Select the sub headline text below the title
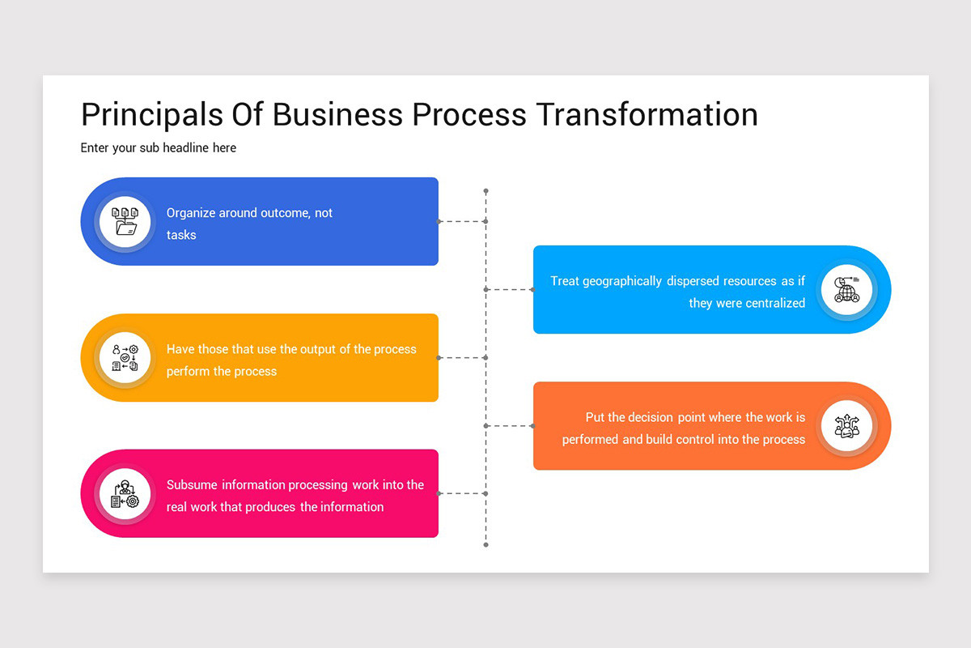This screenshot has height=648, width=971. pos(159,147)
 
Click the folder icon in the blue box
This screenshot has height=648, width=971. pos(125,221)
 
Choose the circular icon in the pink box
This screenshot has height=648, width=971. pos(125,493)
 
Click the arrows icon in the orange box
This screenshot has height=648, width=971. pos(846,426)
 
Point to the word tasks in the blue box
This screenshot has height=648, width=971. pos(181,235)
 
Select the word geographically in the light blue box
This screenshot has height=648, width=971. pos(623,281)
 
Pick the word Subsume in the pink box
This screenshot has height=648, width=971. pos(192,484)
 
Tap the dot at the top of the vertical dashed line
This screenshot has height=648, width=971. pos(485,191)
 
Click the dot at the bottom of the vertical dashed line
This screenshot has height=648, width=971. pos(485,545)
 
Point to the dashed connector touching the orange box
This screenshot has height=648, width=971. pos(509,426)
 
